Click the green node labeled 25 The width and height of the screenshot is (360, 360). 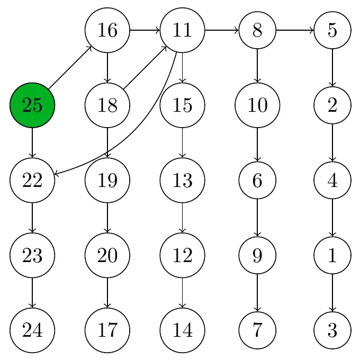click(x=32, y=105)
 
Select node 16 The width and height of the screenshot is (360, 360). click(x=107, y=30)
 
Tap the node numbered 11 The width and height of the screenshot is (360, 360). click(x=183, y=30)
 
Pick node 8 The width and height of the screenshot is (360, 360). click(x=257, y=30)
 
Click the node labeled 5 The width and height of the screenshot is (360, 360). click(x=332, y=30)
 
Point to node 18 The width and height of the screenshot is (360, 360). click(x=107, y=105)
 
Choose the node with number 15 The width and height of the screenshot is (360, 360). click(x=183, y=105)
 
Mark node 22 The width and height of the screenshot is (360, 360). click(x=32, y=180)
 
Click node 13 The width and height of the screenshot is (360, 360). click(x=183, y=180)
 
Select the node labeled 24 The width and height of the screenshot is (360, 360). click(x=32, y=330)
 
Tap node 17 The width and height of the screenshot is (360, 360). click(x=107, y=330)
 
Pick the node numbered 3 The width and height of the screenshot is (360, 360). click(x=332, y=330)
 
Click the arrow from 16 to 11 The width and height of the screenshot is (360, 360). click(x=145, y=30)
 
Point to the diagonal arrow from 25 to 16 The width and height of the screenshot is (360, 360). click(x=70, y=68)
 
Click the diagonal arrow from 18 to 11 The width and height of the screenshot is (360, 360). click(x=145, y=68)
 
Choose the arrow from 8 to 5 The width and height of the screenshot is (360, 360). click(x=295, y=30)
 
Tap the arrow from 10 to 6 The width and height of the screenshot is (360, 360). click(x=257, y=145)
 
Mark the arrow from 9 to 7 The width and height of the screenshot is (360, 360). click(x=257, y=293)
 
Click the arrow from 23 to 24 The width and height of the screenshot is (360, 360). click(x=32, y=293)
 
